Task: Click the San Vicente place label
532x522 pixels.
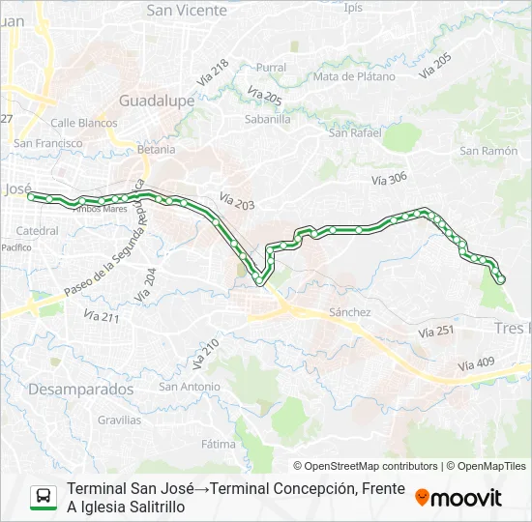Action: pyautogui.click(x=187, y=11)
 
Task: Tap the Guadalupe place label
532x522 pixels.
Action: pyautogui.click(x=157, y=101)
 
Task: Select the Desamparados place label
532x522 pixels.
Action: pyautogui.click(x=81, y=389)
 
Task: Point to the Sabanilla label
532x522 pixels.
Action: pyautogui.click(x=268, y=120)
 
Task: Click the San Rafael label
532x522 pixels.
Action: pyautogui.click(x=355, y=132)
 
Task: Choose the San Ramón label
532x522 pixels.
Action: pyautogui.click(x=488, y=151)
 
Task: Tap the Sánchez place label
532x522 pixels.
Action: pyautogui.click(x=350, y=312)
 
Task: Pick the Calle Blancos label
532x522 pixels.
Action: pyautogui.click(x=84, y=123)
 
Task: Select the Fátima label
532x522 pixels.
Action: pyautogui.click(x=219, y=445)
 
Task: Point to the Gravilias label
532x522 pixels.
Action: pyautogui.click(x=119, y=420)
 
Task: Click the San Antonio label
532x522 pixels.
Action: pyautogui.click(x=190, y=387)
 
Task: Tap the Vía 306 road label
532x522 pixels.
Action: pyautogui.click(x=390, y=179)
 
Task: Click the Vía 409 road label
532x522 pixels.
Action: pyautogui.click(x=476, y=364)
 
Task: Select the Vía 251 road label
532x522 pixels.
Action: pyautogui.click(x=436, y=332)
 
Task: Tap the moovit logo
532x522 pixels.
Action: pyautogui.click(x=458, y=497)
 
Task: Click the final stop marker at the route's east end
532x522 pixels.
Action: pyautogui.click(x=500, y=280)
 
